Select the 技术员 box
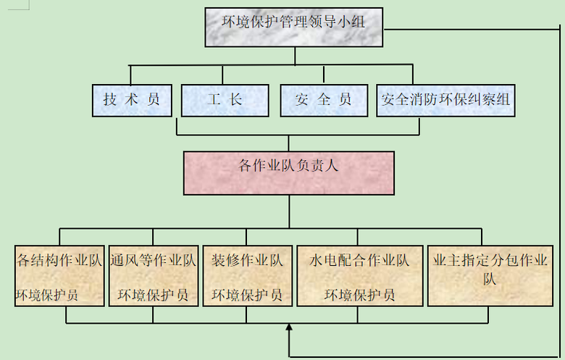pos(132,101)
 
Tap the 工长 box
pos(225,101)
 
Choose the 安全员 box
pos(324,101)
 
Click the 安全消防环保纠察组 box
pos(445,101)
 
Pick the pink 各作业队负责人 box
pos(288,172)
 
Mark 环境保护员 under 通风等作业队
pos(153,296)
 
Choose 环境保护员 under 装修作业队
pos(247,296)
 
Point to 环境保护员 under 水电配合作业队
pos(359,296)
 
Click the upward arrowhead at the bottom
pos(289,329)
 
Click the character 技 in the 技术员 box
pos(109,101)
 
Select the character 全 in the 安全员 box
pos(324,101)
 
